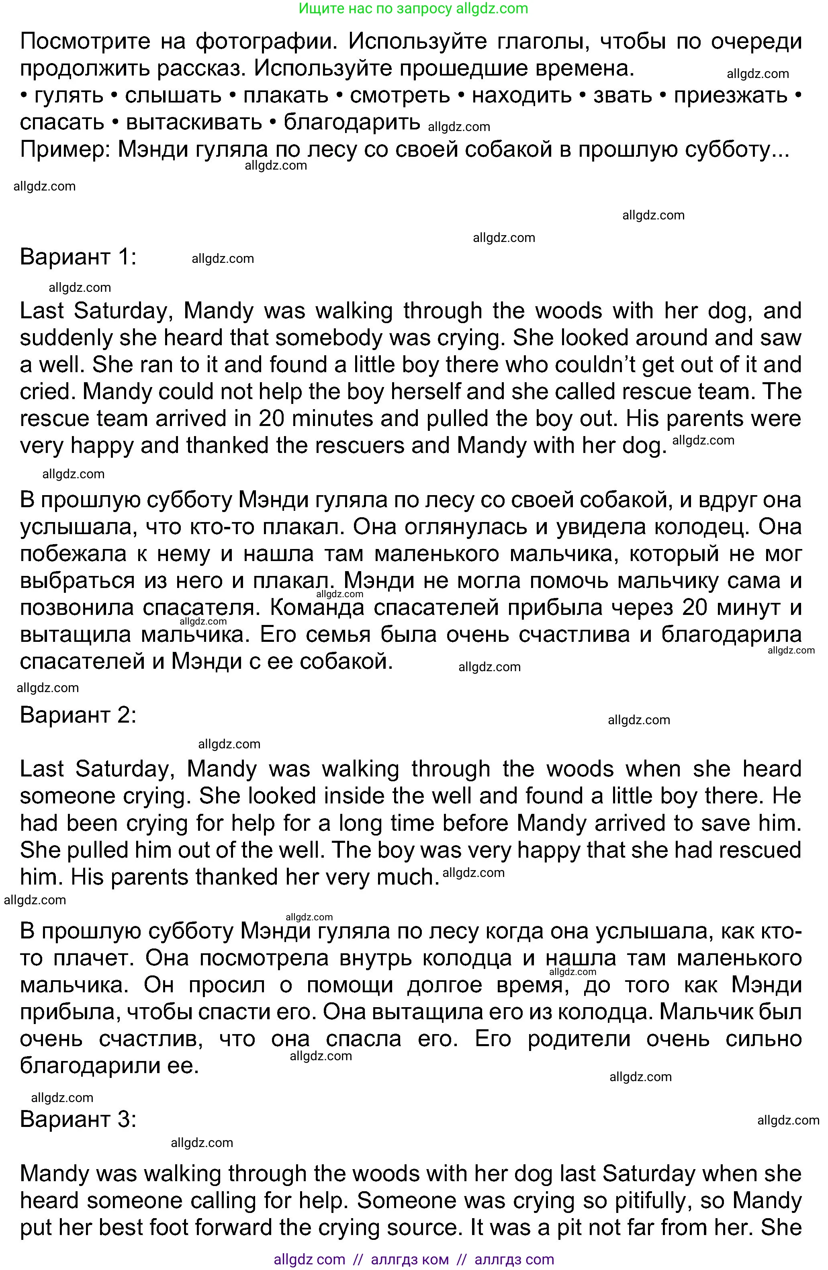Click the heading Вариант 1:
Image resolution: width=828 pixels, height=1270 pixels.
click(78, 257)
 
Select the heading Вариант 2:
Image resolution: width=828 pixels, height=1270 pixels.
click(78, 715)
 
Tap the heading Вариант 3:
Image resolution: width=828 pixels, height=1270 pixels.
click(78, 1119)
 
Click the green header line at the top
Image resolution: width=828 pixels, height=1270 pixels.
click(413, 8)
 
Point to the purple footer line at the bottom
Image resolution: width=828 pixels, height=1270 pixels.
click(413, 1259)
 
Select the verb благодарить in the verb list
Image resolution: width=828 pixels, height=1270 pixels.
click(352, 122)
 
